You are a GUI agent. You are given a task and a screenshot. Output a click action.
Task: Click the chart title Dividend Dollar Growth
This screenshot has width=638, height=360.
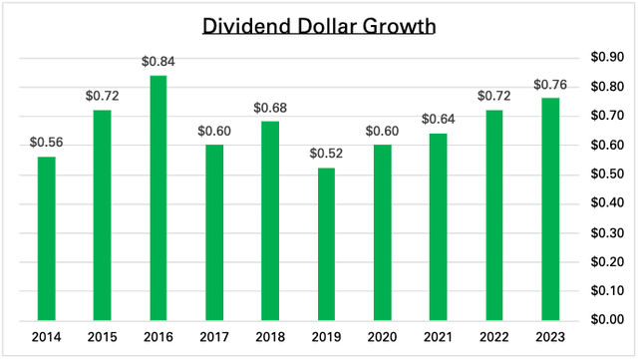(x=318, y=25)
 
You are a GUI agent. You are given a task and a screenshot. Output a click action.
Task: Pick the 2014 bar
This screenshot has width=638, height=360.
(x=47, y=238)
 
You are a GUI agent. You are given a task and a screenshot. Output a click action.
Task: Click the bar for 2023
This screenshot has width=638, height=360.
(x=550, y=208)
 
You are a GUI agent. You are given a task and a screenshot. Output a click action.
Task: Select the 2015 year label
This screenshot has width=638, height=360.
(x=101, y=336)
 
